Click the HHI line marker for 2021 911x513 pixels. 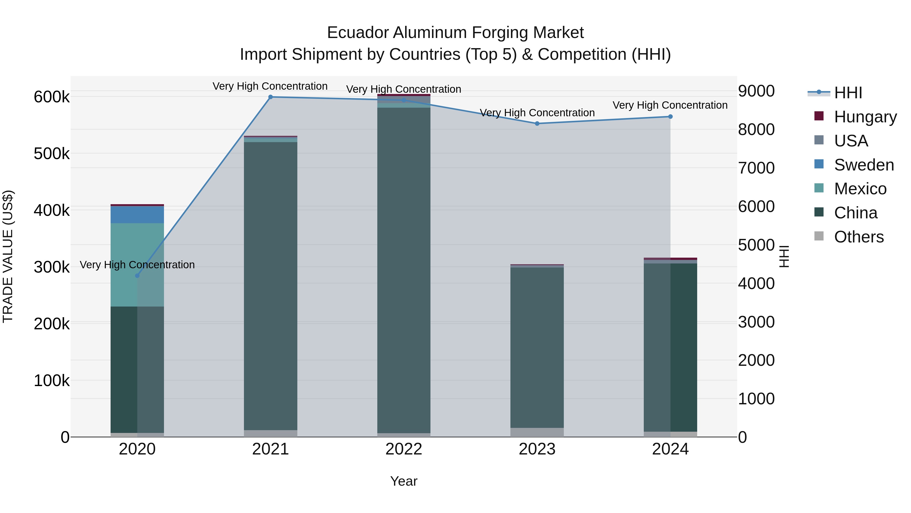(271, 97)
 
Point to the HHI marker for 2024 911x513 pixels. (670, 117)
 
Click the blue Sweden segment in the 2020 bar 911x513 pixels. (137, 215)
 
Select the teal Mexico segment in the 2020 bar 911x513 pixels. (124, 265)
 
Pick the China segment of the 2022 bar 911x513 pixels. (404, 269)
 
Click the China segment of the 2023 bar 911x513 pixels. (537, 347)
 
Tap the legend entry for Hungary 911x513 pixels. (865, 117)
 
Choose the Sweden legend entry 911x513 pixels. (864, 165)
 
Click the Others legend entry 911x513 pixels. (859, 237)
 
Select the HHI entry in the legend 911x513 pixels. (848, 93)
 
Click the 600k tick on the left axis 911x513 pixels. (52, 97)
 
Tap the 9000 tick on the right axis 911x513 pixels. (756, 91)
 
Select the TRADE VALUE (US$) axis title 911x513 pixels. (8, 256)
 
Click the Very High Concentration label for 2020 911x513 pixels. (137, 265)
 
